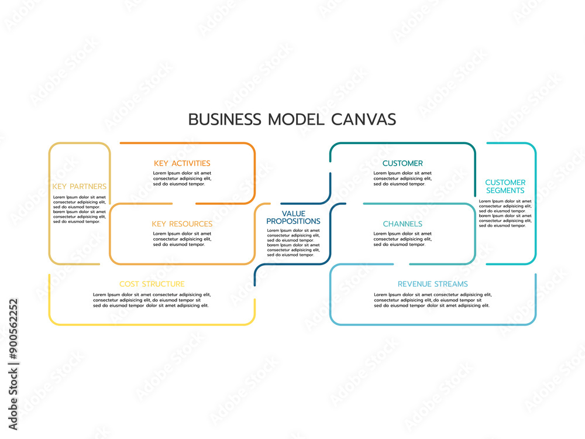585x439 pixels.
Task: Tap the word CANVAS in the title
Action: coord(363,119)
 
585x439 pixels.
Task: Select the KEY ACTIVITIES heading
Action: coord(182,163)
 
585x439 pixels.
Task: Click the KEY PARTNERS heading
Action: coord(80,187)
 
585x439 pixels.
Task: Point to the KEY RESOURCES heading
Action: coord(182,224)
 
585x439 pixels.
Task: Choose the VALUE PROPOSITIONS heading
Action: coord(293,218)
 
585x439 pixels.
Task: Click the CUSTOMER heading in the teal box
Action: coord(402,163)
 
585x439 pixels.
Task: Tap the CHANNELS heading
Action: coord(402,224)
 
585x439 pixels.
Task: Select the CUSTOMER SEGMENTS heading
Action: coord(505,187)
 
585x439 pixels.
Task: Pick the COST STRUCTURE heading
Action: coord(152,284)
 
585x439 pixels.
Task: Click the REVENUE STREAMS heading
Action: coord(433,284)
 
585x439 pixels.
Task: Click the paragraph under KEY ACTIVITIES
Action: coord(182,179)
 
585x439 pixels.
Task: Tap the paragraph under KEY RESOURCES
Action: coord(182,239)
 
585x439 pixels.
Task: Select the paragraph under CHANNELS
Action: coord(402,239)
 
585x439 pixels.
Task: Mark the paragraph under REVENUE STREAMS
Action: coord(433,300)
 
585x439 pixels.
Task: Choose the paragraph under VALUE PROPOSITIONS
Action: coord(293,242)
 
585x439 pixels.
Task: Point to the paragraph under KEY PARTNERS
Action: coord(80,210)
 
